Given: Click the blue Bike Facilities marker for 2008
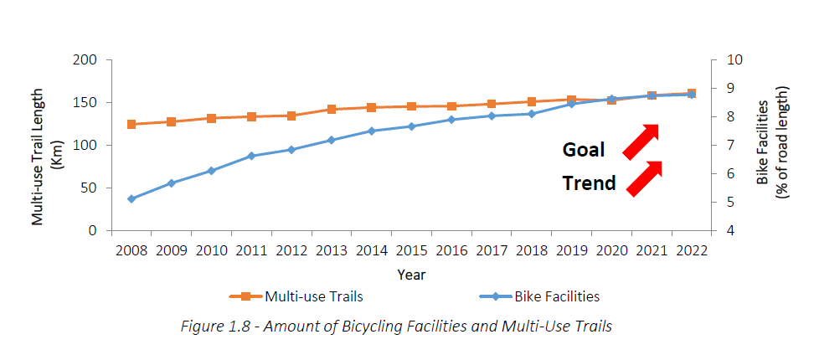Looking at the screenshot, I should [x=131, y=198].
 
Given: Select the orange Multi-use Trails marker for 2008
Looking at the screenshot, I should [x=131, y=124].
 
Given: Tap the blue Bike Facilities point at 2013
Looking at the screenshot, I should [x=332, y=140].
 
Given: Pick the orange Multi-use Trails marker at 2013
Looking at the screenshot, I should [x=332, y=109].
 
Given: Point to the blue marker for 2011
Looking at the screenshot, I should [x=251, y=156].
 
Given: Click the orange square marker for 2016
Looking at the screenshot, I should [x=451, y=106].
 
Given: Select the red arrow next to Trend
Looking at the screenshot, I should [x=644, y=179].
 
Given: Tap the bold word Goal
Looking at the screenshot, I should [x=584, y=150].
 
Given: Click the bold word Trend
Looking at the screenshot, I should [x=589, y=183].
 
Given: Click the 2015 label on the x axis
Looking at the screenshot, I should [x=411, y=249].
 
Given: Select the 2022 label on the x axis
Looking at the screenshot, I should [x=691, y=249].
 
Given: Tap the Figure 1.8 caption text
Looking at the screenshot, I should [x=396, y=326].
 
